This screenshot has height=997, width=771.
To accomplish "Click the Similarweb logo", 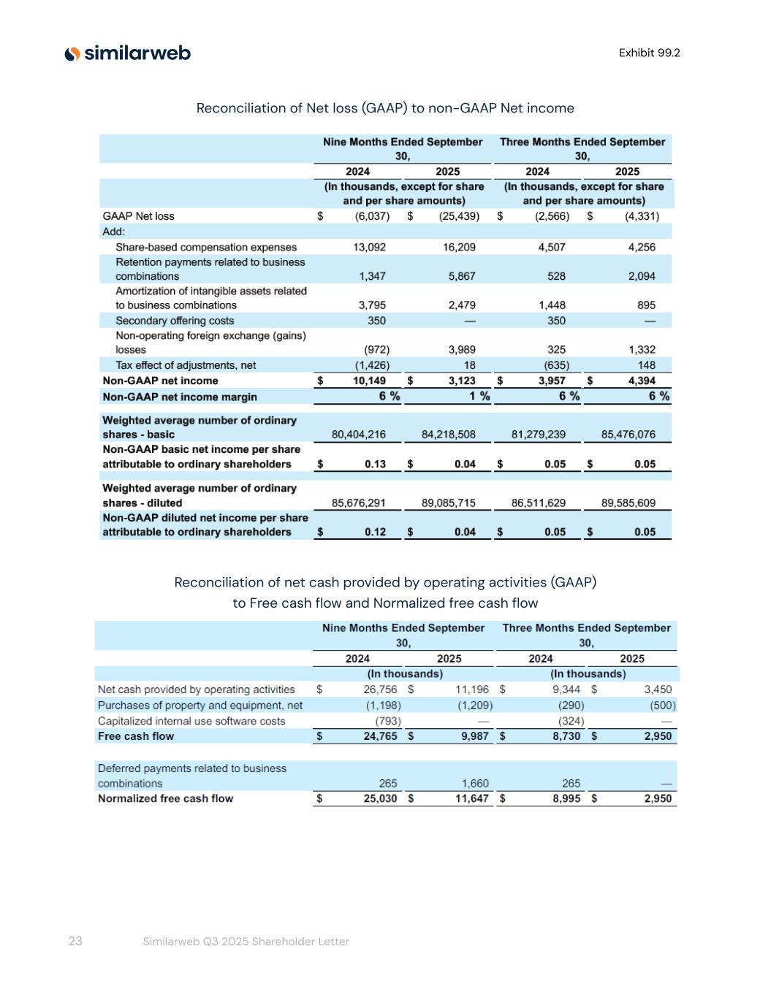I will tap(127, 53).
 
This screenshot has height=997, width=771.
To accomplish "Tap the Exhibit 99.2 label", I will tap(649, 53).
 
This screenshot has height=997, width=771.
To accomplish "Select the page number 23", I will tap(75, 941).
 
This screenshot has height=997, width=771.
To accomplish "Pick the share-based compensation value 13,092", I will tap(369, 247).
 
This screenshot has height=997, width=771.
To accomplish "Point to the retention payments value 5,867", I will tap(459, 276).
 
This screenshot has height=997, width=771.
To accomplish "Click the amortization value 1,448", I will tap(552, 305).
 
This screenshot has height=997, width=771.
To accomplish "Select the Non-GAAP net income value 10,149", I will tap(369, 381).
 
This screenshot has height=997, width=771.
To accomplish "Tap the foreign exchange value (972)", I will tap(376, 350).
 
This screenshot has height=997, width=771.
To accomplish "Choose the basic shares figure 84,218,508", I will tap(448, 435).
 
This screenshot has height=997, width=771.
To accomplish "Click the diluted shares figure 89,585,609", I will tap(628, 503).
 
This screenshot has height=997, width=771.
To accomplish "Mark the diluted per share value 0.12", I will tap(375, 532).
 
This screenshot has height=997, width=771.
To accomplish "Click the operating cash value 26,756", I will tap(380, 690).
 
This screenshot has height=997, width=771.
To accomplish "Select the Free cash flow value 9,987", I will tap(474, 736).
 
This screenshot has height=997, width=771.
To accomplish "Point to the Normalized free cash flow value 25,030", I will tap(380, 798).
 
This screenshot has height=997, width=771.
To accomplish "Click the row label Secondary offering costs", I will tap(175, 321).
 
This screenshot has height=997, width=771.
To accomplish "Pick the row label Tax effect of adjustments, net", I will tap(186, 365).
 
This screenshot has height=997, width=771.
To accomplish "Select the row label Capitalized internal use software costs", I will tap(191, 721).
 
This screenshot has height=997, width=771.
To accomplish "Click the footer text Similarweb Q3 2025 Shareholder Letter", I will tap(246, 941).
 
